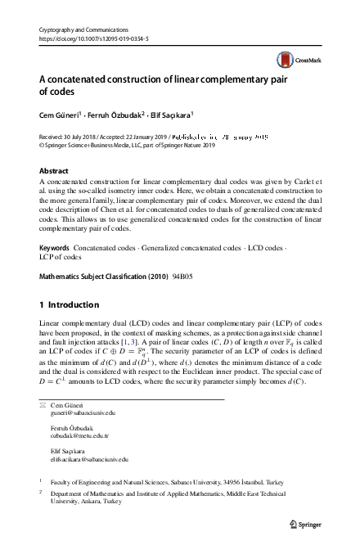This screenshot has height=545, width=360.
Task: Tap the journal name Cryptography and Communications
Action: click(x=79, y=29)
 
